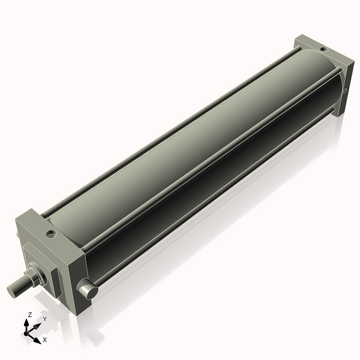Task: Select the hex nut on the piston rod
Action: tap(37, 277)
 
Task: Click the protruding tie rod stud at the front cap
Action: tap(88, 292)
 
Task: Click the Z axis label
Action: tap(29, 314)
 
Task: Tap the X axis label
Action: tap(45, 340)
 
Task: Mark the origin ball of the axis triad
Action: tap(27, 332)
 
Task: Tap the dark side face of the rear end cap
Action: tap(344, 84)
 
